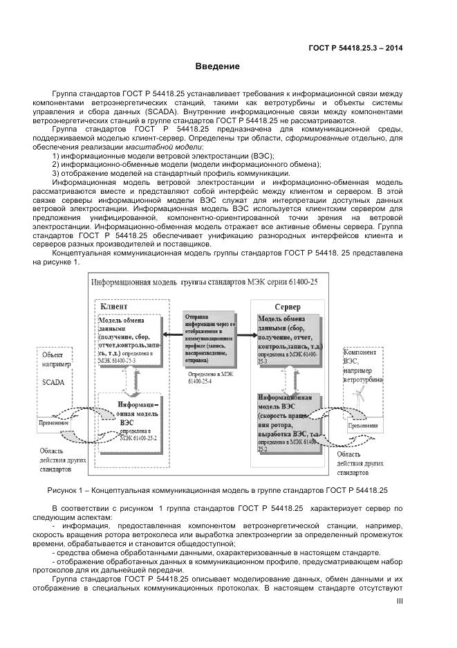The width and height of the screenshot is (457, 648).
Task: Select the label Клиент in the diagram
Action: [114, 306]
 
